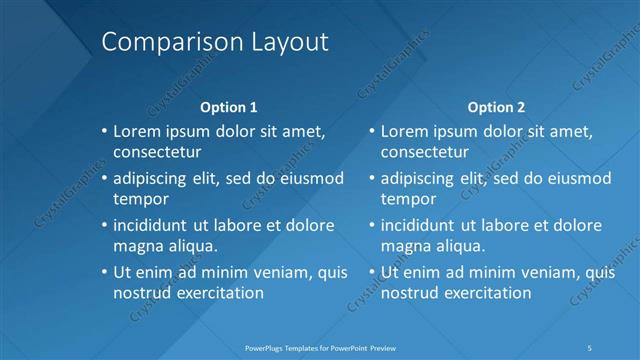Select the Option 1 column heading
(x=229, y=106)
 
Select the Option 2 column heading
(x=496, y=106)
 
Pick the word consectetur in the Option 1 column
(x=157, y=152)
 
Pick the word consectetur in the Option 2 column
(x=424, y=152)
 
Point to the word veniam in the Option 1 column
(x=271, y=272)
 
